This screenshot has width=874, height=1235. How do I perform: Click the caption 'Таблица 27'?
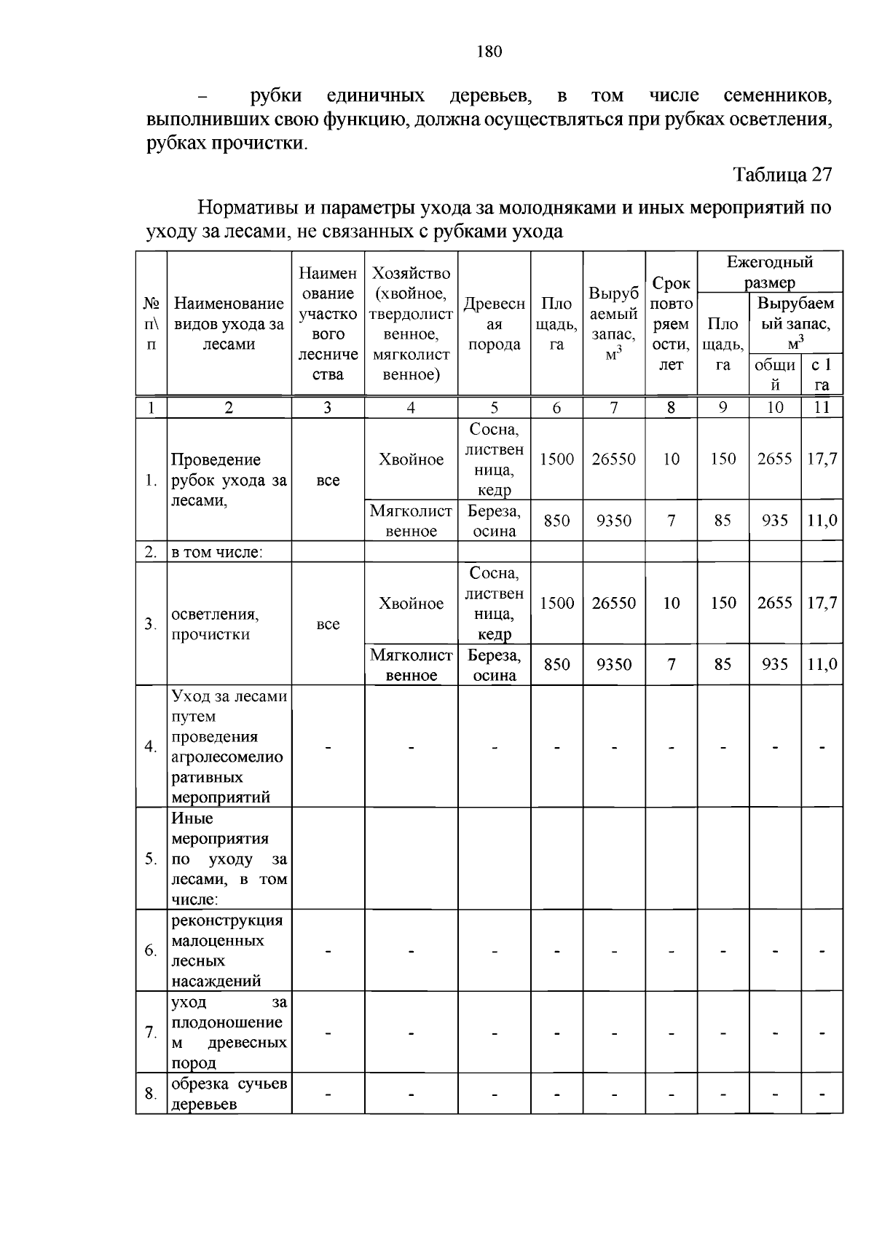pos(782,175)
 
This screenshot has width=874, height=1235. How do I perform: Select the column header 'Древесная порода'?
pos(495,324)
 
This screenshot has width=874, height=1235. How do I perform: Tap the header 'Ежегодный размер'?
pos(770,272)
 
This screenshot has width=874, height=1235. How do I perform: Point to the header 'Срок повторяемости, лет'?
pos(671,324)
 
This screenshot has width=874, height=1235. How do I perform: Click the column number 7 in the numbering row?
pos(614,408)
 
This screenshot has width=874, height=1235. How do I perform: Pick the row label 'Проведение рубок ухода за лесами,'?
pos(229,480)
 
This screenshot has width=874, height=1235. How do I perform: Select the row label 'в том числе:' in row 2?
pos(216,553)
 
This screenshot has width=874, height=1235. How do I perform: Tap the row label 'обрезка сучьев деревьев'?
pos(229,1094)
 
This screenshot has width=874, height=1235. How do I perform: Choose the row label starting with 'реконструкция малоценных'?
pos(227,950)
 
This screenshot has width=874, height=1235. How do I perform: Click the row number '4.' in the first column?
pos(151,746)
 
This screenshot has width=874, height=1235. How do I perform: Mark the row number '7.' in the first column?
pos(151,1032)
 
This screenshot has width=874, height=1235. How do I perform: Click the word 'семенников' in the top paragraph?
pos(777,96)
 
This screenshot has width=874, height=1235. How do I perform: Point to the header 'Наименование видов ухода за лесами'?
pos(229,324)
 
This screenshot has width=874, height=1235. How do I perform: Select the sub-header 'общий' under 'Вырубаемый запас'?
pos(775,374)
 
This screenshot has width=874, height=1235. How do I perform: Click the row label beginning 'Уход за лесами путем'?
pos(229,746)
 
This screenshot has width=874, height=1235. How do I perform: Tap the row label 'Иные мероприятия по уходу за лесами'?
pos(229,859)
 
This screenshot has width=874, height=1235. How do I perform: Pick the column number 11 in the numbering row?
pos(822,408)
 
